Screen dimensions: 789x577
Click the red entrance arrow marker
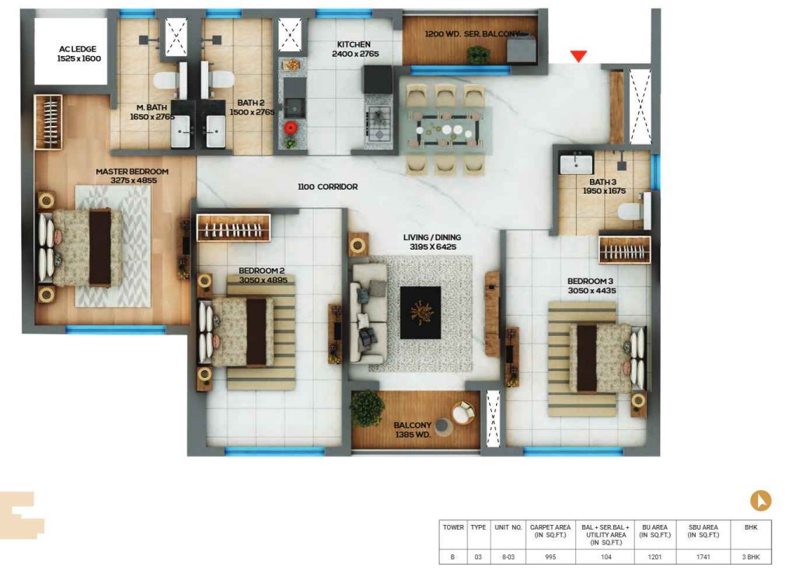[578, 56]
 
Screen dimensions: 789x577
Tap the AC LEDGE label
[78, 49]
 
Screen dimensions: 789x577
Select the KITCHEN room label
[354, 44]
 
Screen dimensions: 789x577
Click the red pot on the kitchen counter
[290, 128]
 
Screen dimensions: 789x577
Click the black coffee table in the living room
[421, 313]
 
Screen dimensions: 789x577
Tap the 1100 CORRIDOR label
[327, 187]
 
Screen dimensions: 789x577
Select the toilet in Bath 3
[634, 211]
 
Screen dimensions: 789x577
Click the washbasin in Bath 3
[576, 163]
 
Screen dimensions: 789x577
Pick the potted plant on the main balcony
[368, 407]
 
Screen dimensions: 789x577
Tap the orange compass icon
[761, 501]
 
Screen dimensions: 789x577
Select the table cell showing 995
[550, 557]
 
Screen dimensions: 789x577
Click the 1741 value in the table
[703, 557]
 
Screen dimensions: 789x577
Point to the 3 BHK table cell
[751, 557]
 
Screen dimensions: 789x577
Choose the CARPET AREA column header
[550, 531]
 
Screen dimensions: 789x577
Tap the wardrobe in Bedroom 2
[233, 228]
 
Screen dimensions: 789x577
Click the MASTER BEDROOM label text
[132, 172]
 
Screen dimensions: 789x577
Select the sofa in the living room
[368, 313]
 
